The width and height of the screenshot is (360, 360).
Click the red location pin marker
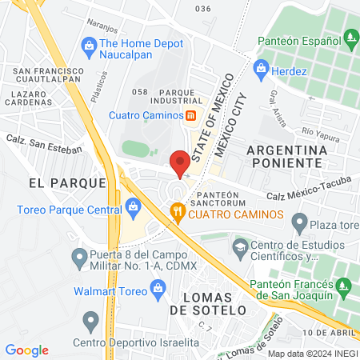point(181,163)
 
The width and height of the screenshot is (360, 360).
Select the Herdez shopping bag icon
point(260,71)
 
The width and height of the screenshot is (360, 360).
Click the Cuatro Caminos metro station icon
point(191,114)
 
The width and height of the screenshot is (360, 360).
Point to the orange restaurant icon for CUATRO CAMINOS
point(178,212)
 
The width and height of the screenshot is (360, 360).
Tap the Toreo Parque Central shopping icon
point(133,211)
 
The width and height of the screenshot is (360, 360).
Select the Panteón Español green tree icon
point(350,37)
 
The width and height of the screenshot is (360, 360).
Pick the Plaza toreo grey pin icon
point(299,221)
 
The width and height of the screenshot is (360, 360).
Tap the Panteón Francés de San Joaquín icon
point(344,286)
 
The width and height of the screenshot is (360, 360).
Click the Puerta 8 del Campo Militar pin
point(78,258)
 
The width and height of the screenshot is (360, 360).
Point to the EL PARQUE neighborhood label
point(67,183)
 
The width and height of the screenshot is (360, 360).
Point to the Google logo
point(26,350)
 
